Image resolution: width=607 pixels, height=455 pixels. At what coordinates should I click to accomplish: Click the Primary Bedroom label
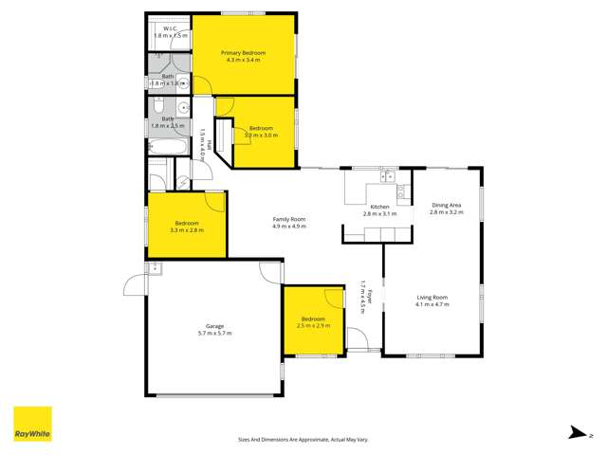(243, 53)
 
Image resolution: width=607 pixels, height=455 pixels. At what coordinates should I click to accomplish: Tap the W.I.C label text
(171, 29)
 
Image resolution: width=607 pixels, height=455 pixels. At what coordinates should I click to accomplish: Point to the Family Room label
(289, 219)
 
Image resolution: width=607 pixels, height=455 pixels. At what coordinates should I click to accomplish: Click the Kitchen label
(379, 207)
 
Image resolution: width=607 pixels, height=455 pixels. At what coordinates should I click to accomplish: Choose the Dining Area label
(446, 206)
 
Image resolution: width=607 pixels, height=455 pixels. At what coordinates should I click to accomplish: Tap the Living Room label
(432, 298)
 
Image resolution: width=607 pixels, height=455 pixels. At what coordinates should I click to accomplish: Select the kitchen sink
(388, 175)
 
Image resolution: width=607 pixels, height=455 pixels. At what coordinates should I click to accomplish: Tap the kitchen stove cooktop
(402, 192)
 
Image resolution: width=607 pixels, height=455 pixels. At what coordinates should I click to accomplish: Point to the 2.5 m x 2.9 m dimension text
(314, 326)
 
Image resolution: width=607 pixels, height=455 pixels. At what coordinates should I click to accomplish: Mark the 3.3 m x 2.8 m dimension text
(187, 230)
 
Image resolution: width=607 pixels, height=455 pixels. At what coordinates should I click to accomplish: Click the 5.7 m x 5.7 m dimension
(214, 334)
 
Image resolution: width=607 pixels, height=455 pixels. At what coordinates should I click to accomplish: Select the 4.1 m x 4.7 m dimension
(432, 305)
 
